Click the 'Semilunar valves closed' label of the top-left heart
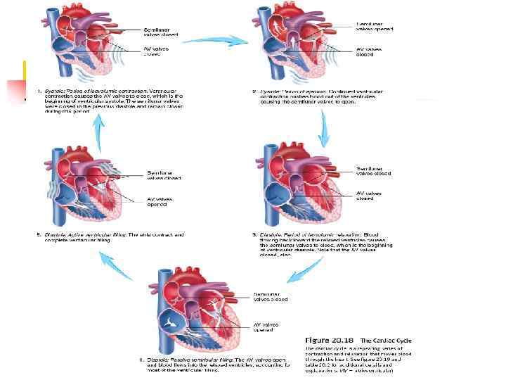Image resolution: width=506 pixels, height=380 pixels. (161, 32)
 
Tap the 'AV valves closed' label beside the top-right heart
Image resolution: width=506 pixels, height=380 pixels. (371, 52)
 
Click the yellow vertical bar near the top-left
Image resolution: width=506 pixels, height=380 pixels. (25, 73)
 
